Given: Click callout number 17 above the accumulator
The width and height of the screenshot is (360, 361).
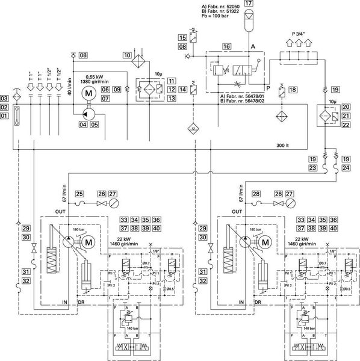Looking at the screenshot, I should tap(248, 5).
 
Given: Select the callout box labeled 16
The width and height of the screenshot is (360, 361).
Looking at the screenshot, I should tap(226, 46).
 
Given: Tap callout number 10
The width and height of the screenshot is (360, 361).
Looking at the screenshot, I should tap(127, 55).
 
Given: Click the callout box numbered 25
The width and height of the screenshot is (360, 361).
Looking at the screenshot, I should tap(79, 193).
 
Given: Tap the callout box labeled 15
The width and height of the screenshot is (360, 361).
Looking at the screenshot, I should tap(181, 38).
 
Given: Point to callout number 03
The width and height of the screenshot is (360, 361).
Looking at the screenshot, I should tap(5, 98).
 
